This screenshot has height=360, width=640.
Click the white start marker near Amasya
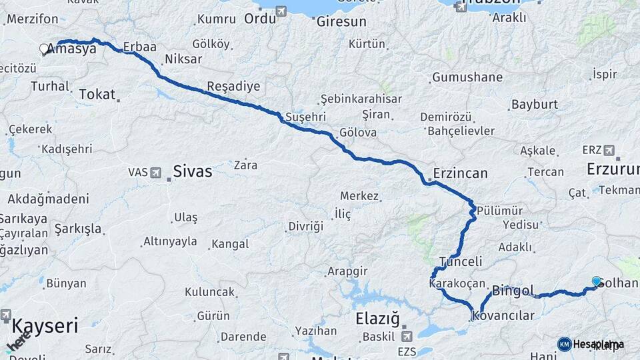click(44, 49)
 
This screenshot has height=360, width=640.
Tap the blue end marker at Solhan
click(596, 281)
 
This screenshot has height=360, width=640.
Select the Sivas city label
click(192, 171)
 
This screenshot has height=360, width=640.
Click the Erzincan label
click(460, 173)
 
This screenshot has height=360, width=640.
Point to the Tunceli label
click(461, 261)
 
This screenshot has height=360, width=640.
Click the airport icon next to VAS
click(156, 173)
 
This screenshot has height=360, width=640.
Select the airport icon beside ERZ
click(609, 150)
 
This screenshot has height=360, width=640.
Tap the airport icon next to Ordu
click(281, 11)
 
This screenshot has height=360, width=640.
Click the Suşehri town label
click(305, 117)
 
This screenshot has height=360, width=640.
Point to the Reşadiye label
click(233, 86)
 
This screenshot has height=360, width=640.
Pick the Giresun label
click(341, 21)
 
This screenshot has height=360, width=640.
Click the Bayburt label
click(534, 105)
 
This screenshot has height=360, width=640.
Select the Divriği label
click(305, 226)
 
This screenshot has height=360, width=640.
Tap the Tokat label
click(97, 95)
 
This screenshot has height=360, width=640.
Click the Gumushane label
click(467, 77)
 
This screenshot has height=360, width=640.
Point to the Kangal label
click(229, 244)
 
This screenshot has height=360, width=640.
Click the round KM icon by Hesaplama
click(565, 344)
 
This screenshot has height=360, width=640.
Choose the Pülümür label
click(497, 207)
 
